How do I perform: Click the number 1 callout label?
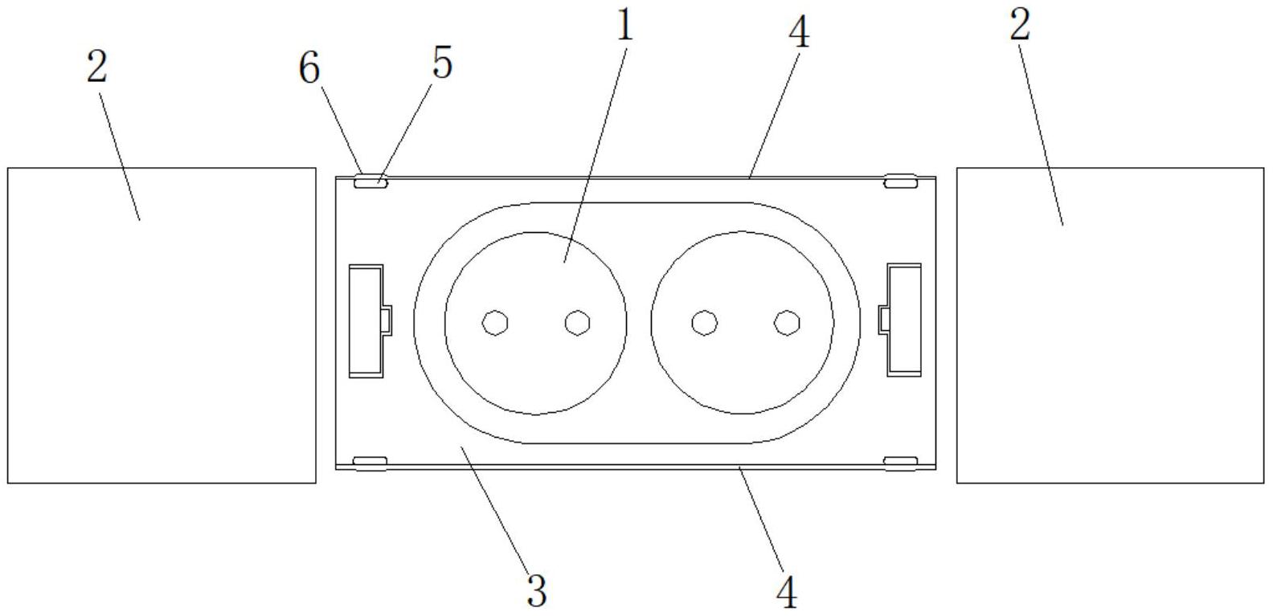click(624, 26)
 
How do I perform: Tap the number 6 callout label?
click(309, 67)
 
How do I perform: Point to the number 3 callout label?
click(536, 590)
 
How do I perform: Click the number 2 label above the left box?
click(96, 67)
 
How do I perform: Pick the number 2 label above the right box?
click(1019, 26)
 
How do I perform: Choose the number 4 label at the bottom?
click(787, 593)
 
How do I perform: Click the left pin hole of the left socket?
click(495, 323)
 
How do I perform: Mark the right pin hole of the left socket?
click(577, 323)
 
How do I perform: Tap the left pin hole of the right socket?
click(705, 323)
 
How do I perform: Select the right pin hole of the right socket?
click(787, 323)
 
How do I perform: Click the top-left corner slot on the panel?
click(370, 182)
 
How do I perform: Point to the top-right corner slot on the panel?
click(901, 182)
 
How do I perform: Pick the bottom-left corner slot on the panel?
click(370, 462)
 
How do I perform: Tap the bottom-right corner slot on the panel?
click(901, 462)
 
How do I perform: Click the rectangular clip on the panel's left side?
click(366, 320)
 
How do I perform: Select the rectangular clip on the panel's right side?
click(903, 319)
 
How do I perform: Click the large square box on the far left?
click(162, 325)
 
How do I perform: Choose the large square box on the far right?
click(1110, 325)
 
